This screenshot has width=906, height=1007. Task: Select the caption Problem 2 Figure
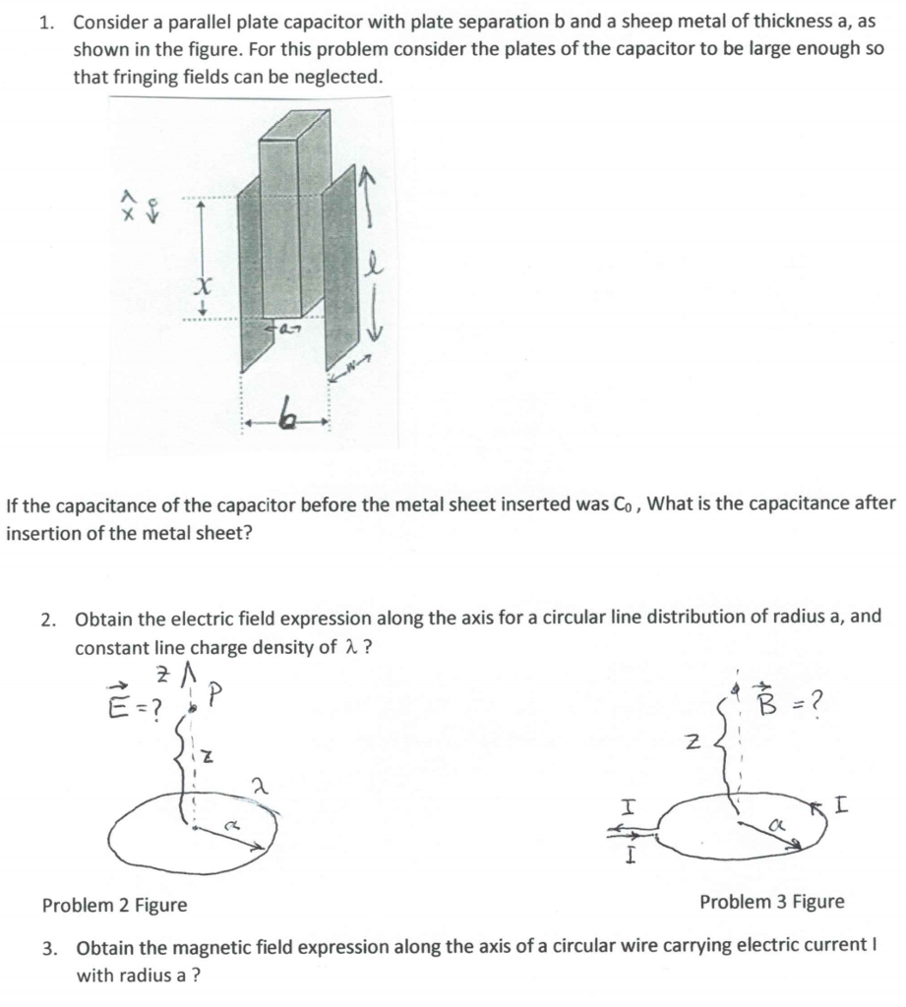coord(114,904)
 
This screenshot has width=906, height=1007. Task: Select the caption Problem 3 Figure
coord(771,901)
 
